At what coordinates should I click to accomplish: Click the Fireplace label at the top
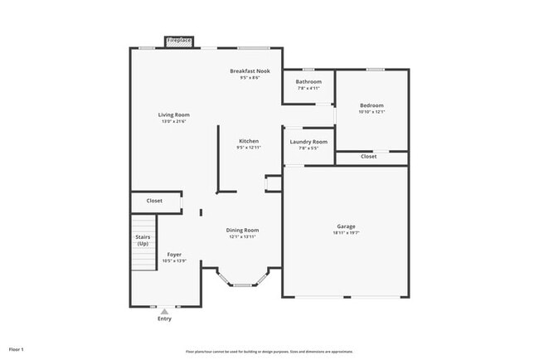[x=179, y=40]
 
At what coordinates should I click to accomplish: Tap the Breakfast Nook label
[x=250, y=71]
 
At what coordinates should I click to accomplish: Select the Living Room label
[x=175, y=114]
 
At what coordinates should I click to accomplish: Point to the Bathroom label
[x=308, y=81]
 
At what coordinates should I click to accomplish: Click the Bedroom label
[x=371, y=105]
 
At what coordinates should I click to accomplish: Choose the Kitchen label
[x=249, y=141]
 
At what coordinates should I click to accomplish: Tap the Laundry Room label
[x=308, y=142]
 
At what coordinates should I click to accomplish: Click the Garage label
[x=346, y=226]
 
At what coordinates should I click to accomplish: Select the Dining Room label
[x=243, y=230]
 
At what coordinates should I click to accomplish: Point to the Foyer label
[x=174, y=255]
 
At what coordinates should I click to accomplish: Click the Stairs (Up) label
[x=143, y=241]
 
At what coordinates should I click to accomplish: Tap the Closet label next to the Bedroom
[x=368, y=156]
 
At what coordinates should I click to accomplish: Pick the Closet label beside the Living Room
[x=154, y=201]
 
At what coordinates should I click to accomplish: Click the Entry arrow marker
[x=165, y=311]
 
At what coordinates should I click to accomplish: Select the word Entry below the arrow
[x=165, y=319]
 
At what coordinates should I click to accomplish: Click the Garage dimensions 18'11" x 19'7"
[x=346, y=232]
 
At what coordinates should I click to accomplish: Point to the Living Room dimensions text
[x=175, y=121]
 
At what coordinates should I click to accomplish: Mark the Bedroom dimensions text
[x=371, y=112]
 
